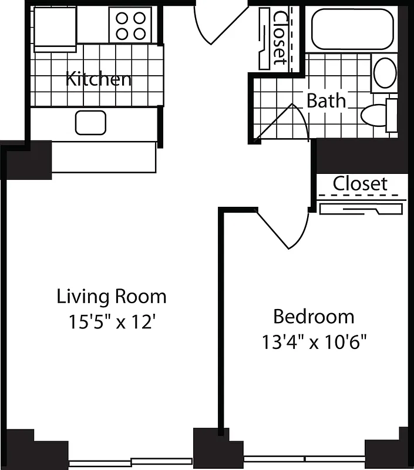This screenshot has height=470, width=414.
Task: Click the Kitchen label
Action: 98,79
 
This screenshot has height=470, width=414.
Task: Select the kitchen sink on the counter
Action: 90,122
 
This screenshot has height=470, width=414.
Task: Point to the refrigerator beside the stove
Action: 55,26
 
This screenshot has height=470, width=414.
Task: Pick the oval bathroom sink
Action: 385,73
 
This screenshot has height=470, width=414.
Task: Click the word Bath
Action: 326,100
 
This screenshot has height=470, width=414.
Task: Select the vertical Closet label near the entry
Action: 280,37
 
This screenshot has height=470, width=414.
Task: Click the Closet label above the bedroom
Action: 360,183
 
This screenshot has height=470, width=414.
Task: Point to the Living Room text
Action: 112,296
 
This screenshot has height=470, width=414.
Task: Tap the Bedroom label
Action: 314,317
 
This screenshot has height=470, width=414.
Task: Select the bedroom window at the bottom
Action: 304,459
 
